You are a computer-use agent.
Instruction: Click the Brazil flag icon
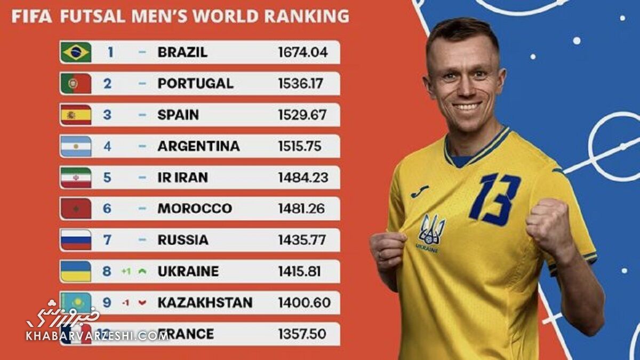click(76, 52)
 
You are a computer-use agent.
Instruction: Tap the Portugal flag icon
click(76, 84)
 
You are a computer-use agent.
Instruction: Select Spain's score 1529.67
click(302, 115)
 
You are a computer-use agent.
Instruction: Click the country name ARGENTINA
click(198, 146)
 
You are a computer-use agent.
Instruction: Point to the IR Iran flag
click(76, 178)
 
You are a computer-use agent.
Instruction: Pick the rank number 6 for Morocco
click(107, 209)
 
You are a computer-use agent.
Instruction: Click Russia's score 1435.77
click(302, 240)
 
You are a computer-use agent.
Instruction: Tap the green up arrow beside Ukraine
click(142, 271)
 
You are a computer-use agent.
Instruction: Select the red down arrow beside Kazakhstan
click(142, 303)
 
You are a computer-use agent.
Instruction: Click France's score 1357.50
click(302, 334)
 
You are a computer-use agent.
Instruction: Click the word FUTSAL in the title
click(93, 16)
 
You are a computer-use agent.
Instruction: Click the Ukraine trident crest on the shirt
click(431, 230)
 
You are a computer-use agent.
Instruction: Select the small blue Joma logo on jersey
click(420, 191)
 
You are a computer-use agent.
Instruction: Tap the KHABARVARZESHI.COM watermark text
click(96, 336)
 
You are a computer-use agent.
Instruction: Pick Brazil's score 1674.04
click(302, 52)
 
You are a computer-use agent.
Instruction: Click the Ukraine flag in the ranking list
click(76, 271)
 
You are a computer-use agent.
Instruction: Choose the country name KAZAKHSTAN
click(205, 303)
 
